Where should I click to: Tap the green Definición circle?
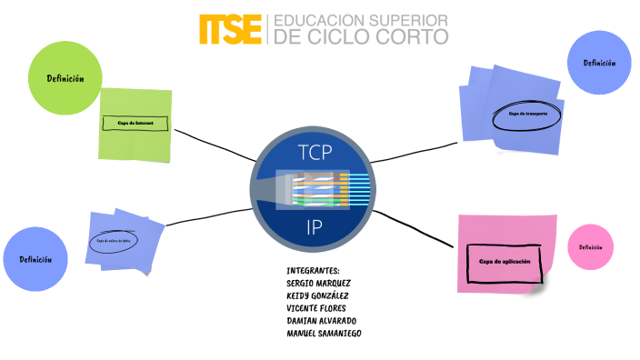pyautogui.click(x=66, y=78)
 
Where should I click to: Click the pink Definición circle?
pyautogui.click(x=590, y=247)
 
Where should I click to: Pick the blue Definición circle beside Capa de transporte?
pyautogui.click(x=599, y=63)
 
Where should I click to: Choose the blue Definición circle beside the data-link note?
pyautogui.click(x=35, y=259)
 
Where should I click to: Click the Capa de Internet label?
pyautogui.click(x=135, y=122)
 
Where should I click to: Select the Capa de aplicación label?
pyautogui.click(x=504, y=261)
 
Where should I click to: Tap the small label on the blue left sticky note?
pyautogui.click(x=119, y=240)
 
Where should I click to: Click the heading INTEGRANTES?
pyautogui.click(x=313, y=271)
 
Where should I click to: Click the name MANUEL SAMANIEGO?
pyautogui.click(x=325, y=334)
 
